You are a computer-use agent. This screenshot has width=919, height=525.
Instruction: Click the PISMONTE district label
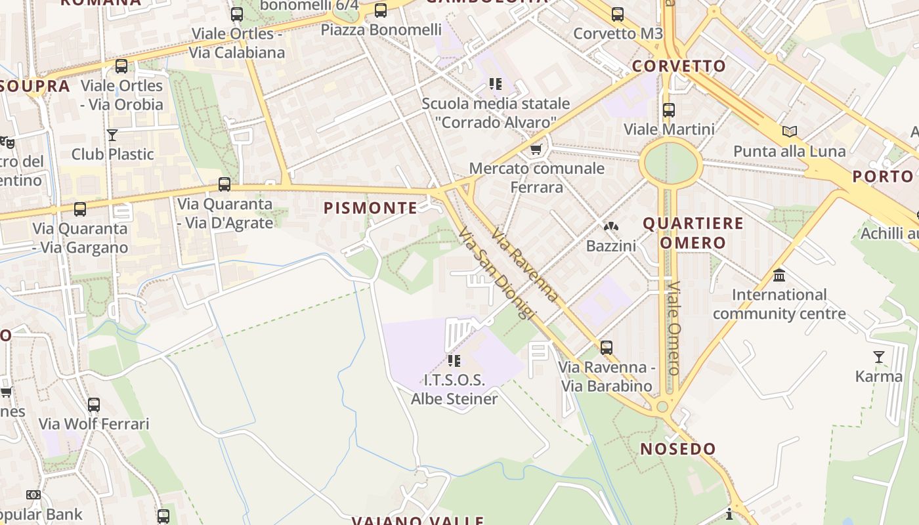[x=370, y=208]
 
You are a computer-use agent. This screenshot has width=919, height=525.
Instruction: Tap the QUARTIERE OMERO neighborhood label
[x=693, y=233]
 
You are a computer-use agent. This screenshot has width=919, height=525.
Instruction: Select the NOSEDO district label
[x=678, y=449]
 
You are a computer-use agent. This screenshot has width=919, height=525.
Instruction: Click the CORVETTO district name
[x=679, y=66]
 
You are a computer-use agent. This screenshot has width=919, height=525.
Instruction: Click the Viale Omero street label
[x=674, y=328]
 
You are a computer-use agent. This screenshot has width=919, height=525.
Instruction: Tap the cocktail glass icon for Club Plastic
[x=112, y=135]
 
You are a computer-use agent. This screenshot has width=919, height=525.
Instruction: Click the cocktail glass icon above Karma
[x=878, y=357]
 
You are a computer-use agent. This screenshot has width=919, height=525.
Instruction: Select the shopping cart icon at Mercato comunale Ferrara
[x=536, y=150]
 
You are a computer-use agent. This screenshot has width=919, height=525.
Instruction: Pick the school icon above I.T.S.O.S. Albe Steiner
[x=454, y=360]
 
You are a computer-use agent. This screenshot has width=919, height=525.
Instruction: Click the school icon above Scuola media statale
[x=495, y=84]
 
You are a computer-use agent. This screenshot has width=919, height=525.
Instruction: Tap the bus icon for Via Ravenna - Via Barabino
[x=607, y=347]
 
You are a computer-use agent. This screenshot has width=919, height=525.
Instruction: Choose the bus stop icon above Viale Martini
[x=669, y=110]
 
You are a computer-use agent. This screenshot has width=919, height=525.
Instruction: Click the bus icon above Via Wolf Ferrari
[x=94, y=404]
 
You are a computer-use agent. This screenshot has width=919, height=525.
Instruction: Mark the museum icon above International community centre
[x=779, y=275]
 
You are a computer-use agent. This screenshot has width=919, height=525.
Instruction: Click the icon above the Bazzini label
[x=611, y=226]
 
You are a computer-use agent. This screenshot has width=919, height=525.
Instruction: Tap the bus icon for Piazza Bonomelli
[x=381, y=10]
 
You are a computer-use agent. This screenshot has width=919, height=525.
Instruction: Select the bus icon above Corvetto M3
[x=617, y=14]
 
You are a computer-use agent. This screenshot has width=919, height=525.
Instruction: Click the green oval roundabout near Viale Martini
[x=670, y=163]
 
